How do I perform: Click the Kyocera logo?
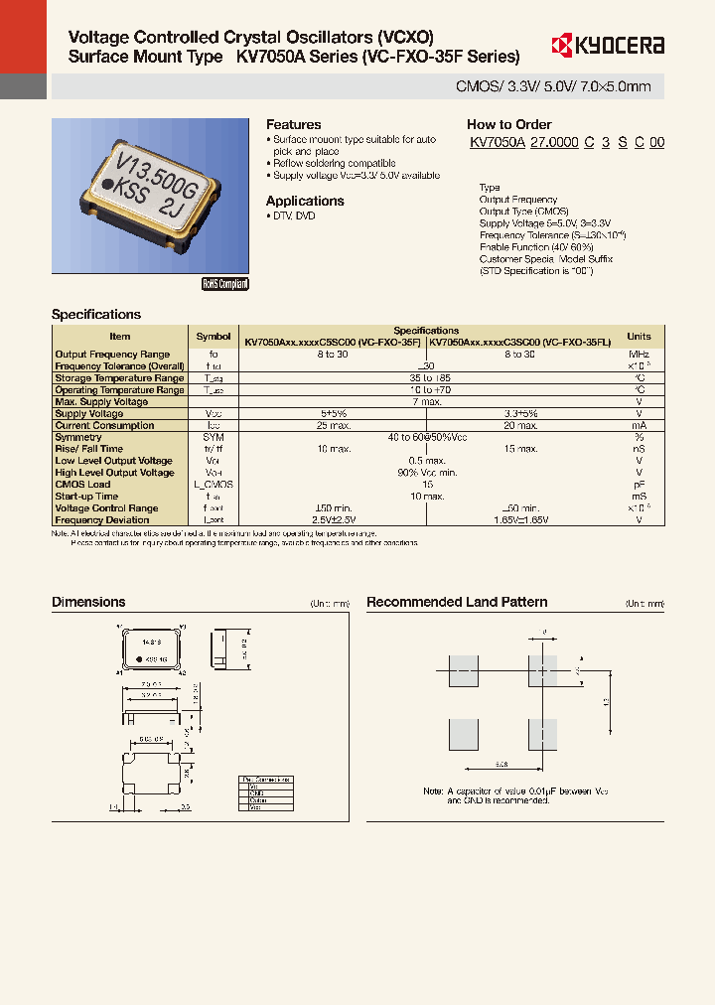pyautogui.click(x=607, y=45)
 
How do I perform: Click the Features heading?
pyautogui.click(x=293, y=125)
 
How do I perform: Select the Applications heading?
pyautogui.click(x=305, y=201)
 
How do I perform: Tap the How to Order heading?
pyautogui.click(x=508, y=125)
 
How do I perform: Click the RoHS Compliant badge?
pyautogui.click(x=225, y=284)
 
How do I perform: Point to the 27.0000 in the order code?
pyautogui.click(x=554, y=143)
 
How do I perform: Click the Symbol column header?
pyautogui.click(x=213, y=337)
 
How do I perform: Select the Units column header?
pyautogui.click(x=639, y=337)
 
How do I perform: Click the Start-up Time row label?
pyautogui.click(x=86, y=496)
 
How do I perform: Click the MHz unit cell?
pyautogui.click(x=639, y=355)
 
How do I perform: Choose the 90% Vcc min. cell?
pyautogui.click(x=427, y=473)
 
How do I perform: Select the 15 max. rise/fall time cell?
pyautogui.click(x=519, y=449)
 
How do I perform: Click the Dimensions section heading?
pyautogui.click(x=88, y=602)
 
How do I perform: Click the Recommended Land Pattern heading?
pyautogui.click(x=457, y=602)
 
